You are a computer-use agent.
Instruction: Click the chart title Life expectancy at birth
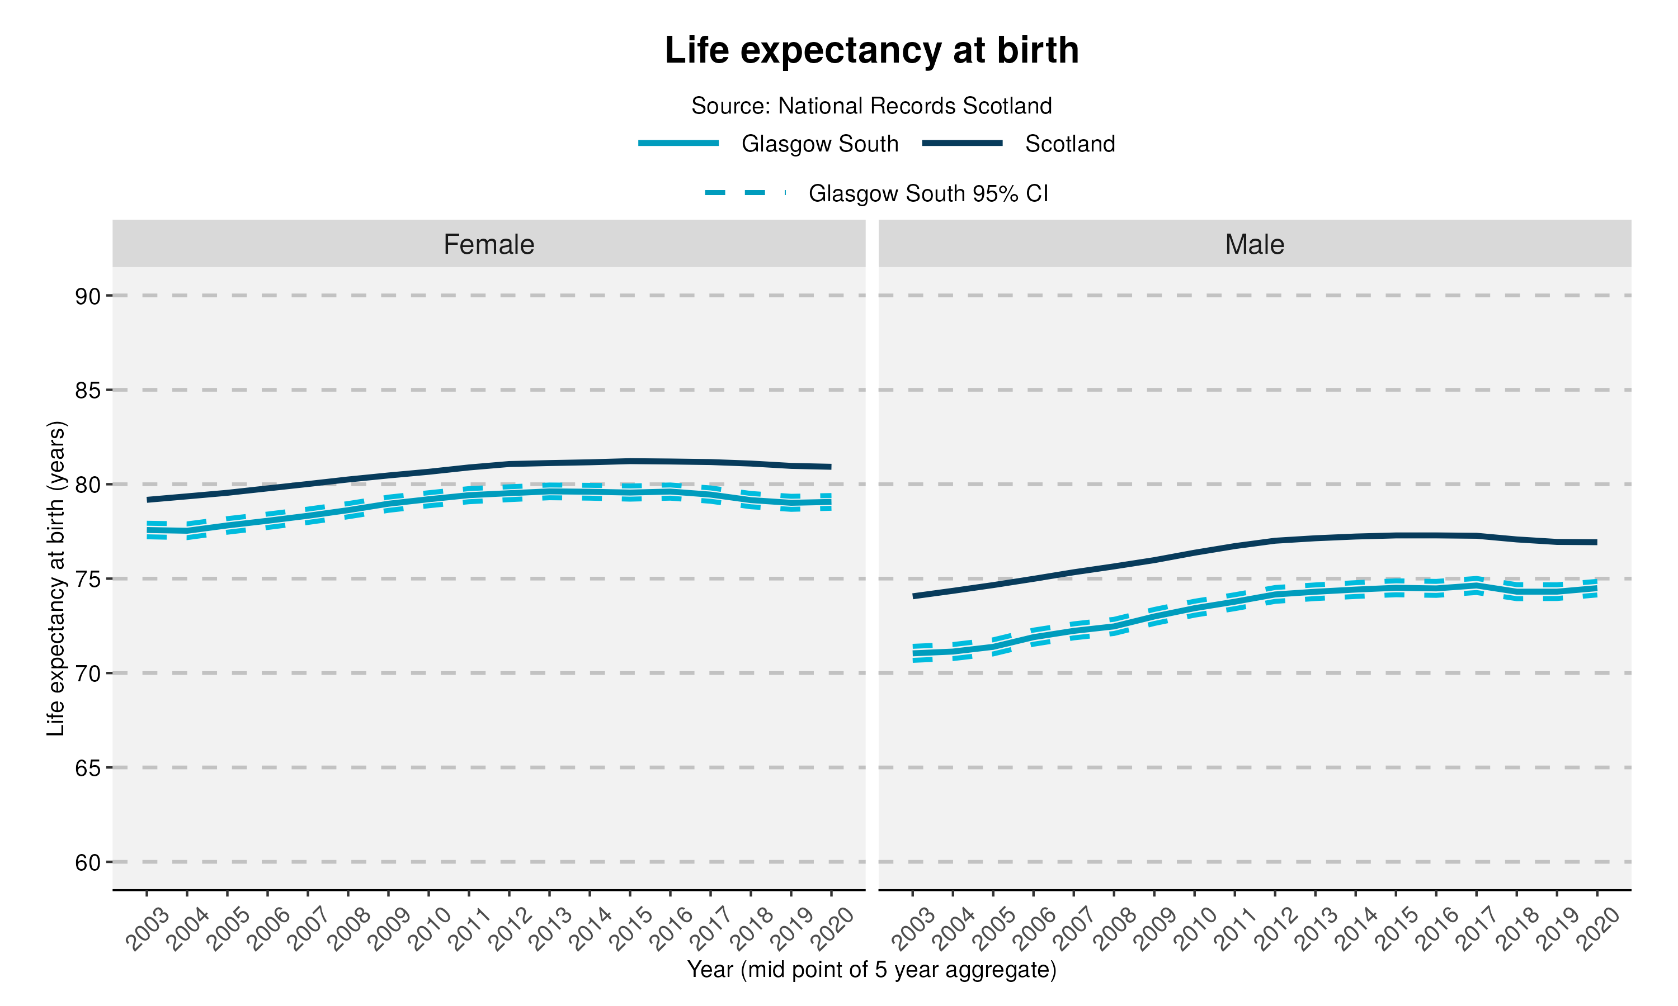(871, 50)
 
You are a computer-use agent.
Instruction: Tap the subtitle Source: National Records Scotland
(871, 106)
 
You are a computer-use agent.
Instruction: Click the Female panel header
(488, 244)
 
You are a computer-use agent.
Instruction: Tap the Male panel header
(1253, 244)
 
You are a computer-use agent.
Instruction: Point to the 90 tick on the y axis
(87, 296)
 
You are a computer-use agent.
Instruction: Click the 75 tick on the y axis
(87, 579)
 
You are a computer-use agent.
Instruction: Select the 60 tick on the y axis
(87, 862)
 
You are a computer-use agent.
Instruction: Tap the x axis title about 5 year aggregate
(871, 970)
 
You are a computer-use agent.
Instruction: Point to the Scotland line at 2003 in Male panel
(913, 596)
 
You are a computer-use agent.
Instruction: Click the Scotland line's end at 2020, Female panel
(831, 467)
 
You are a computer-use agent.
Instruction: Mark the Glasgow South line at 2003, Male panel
(913, 653)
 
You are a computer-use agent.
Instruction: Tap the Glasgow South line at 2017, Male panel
(1477, 586)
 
